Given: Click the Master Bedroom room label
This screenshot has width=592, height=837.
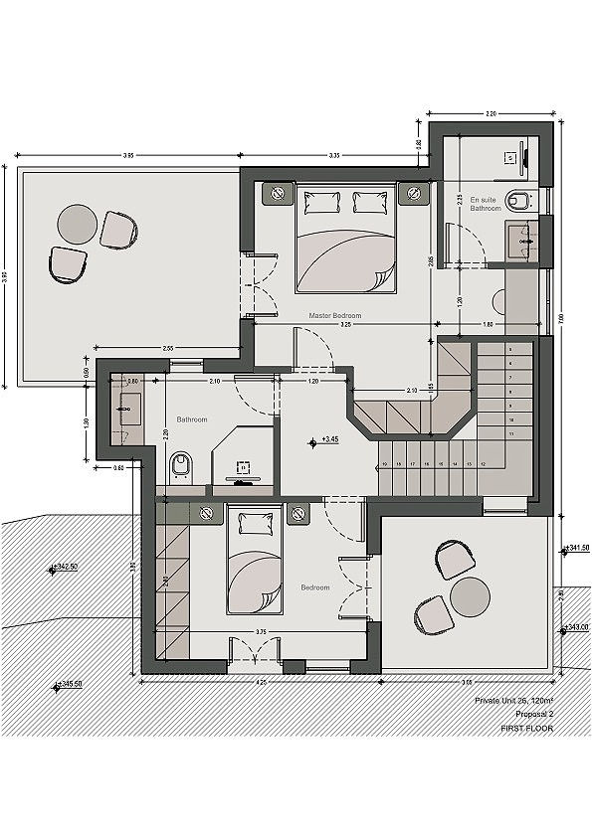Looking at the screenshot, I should coord(334,315).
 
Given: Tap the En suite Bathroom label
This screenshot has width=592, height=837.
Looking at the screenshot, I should coord(486,204).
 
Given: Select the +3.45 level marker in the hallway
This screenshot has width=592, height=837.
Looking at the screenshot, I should coord(327,438).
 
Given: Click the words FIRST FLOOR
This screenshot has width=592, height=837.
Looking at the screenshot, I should coord(524,729).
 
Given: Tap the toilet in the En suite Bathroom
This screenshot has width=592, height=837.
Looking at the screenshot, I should coord(520,202).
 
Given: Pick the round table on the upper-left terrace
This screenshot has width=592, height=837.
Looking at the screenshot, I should coord(76,224).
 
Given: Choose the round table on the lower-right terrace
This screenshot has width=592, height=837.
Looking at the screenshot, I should coord(470,597).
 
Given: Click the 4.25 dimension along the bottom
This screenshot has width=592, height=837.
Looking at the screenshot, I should coord(261,683).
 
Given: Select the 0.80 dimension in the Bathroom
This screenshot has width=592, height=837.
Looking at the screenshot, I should coord(131,381).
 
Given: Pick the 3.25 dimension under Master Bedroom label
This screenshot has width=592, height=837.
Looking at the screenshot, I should coord(344,325).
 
